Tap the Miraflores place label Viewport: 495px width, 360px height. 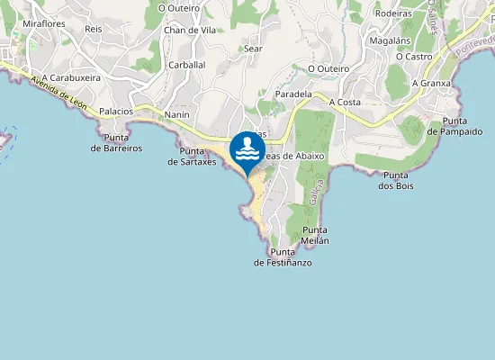pyautogui.click(x=44, y=23)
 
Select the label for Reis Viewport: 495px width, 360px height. pyautogui.click(x=93, y=29)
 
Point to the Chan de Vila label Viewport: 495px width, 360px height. pyautogui.click(x=190, y=30)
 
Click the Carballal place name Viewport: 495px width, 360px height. pyautogui.click(x=187, y=65)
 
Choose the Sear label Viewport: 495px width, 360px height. pyautogui.click(x=253, y=49)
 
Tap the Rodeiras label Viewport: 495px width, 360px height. pyautogui.click(x=392, y=13)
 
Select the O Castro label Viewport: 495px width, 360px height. pyautogui.click(x=414, y=56)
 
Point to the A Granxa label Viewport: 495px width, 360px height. pyautogui.click(x=430, y=83)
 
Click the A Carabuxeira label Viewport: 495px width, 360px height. pyautogui.click(x=71, y=77)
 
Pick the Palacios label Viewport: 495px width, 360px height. pyautogui.click(x=116, y=112)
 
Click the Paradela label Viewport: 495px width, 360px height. pyautogui.click(x=293, y=94)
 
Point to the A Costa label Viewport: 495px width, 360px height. pyautogui.click(x=344, y=103)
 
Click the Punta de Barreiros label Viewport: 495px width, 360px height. pyautogui.click(x=117, y=143)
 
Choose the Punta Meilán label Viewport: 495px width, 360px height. pyautogui.click(x=315, y=236)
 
